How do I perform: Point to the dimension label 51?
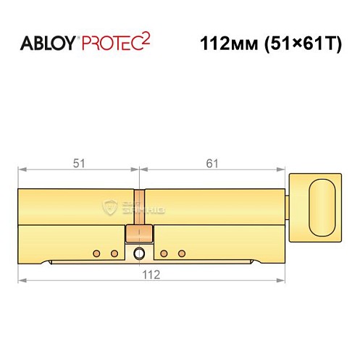coord(78,163)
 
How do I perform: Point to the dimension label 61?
coord(211,163)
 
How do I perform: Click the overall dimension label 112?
coord(150,274)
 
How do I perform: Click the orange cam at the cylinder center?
coord(139,233)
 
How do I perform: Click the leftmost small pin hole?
coord(97,253)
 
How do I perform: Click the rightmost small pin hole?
coord(182,253)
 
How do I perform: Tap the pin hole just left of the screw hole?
coord(114,253)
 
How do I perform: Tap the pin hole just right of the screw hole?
coord(164,253)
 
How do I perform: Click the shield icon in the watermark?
coord(111,206)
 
